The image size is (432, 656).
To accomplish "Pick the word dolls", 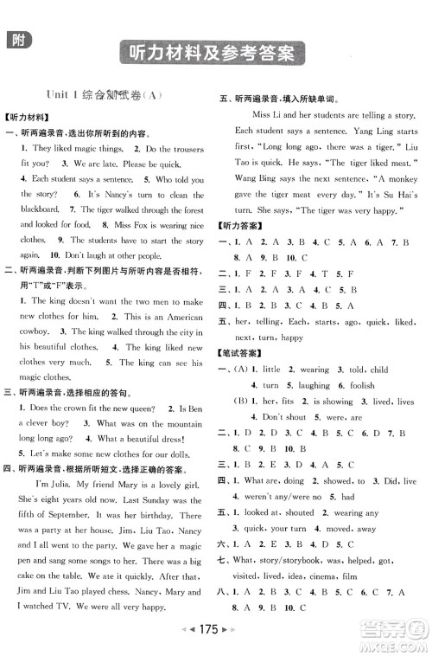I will pos(189,453).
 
